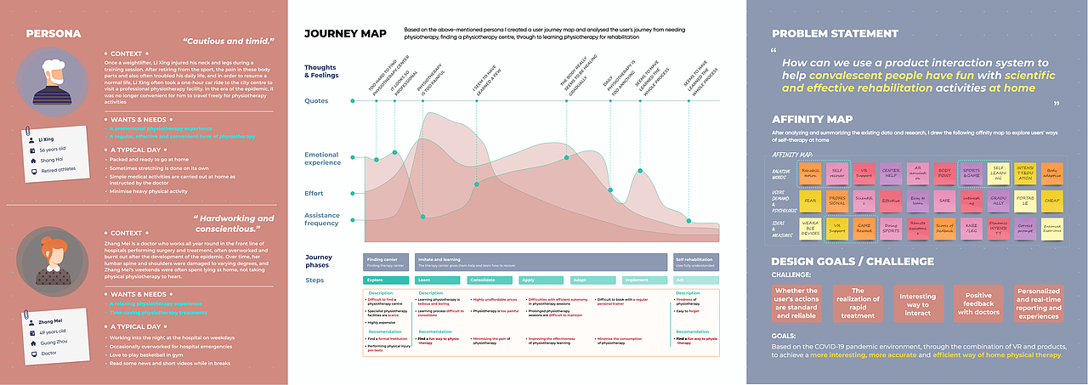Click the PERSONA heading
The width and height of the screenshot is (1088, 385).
54,34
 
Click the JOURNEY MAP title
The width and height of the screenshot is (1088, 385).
345,34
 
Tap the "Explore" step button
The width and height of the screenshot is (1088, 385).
385,280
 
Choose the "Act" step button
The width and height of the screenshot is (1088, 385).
696,280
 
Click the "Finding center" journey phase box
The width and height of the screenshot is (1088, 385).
386,261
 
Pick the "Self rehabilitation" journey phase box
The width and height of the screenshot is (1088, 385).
696,261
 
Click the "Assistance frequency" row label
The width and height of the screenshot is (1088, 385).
323,220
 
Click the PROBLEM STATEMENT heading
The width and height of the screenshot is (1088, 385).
835,34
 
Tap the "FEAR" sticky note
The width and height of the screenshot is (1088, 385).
810,201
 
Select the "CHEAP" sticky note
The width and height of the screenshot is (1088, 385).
1052,201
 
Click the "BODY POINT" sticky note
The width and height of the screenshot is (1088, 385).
944,173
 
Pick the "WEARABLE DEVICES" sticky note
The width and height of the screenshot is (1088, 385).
810,229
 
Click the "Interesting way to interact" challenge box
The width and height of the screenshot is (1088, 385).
918,304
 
